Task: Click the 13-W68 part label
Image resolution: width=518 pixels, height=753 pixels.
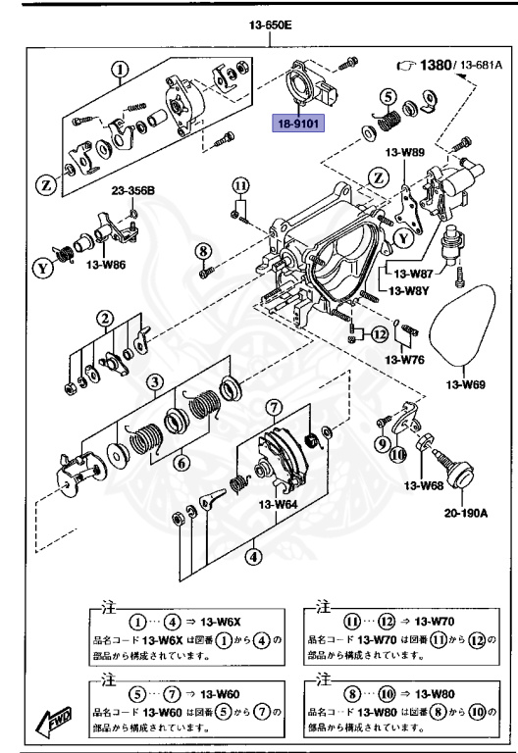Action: pos(424,484)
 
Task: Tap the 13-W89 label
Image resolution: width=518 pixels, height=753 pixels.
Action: pos(404,152)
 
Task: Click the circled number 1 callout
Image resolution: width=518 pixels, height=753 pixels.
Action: pos(120,70)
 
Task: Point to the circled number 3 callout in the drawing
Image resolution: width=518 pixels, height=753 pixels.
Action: pos(155,382)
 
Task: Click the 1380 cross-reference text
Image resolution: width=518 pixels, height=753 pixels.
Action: pos(429,66)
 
